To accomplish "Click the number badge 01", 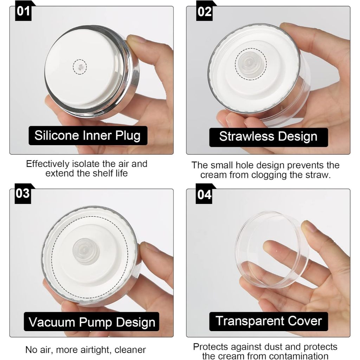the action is click(23, 11).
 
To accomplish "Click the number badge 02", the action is click(204, 11).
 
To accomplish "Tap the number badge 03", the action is click(23, 194).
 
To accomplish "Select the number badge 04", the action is click(204, 194).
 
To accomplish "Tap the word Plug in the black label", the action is click(128, 136).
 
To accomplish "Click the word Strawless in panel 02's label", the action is click(246, 136).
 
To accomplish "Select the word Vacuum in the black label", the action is click(52, 322).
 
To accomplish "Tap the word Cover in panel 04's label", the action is click(305, 321).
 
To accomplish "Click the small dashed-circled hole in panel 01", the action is click(80, 67).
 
